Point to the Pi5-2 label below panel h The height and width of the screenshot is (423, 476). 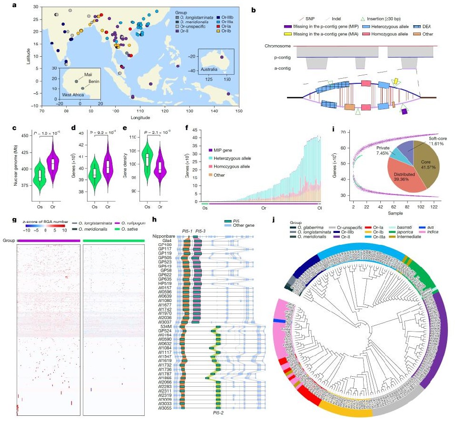[x=218, y=413]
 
